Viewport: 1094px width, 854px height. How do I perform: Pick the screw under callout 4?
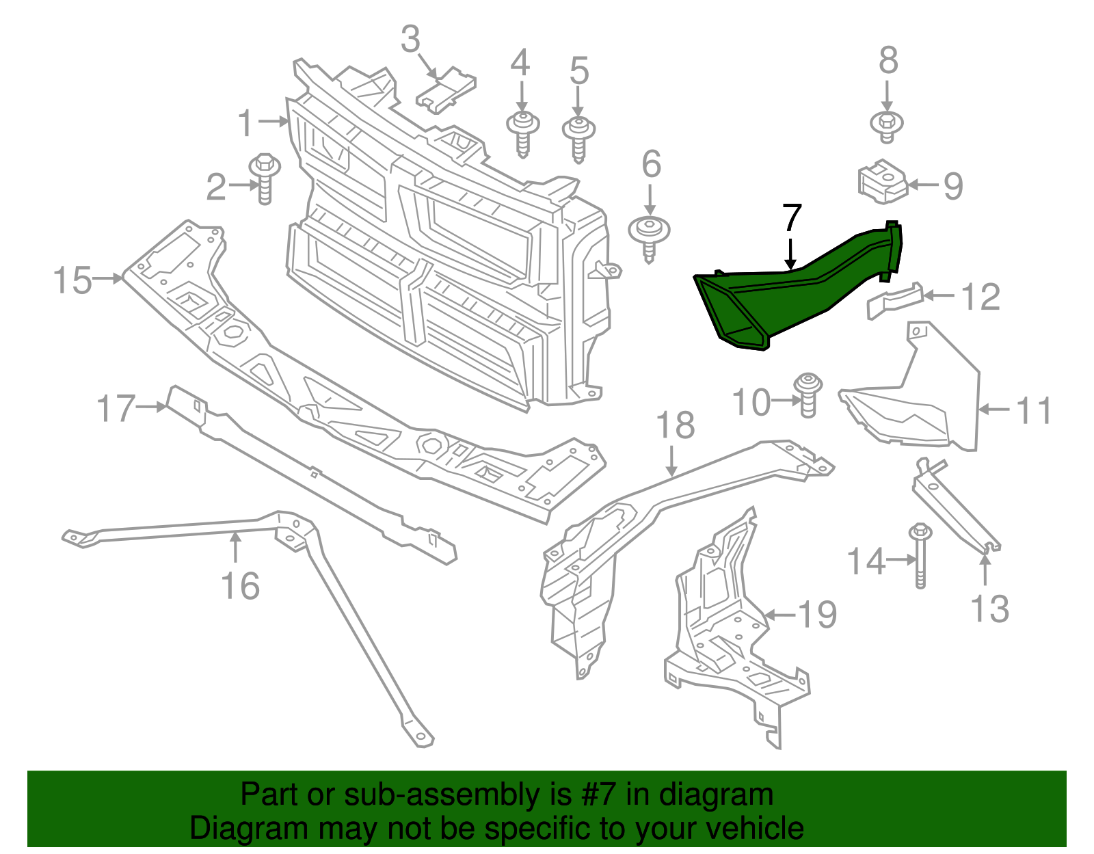pyautogui.click(x=523, y=133)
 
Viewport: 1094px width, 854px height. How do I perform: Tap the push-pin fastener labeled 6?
pyautogui.click(x=649, y=236)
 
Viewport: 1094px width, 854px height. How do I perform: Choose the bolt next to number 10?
pyautogui.click(x=808, y=395)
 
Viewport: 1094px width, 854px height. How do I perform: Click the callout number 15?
pyautogui.click(x=72, y=280)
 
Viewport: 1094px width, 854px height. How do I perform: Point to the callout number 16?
pyautogui.click(x=240, y=586)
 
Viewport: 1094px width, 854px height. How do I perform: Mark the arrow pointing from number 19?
pyautogui.click(x=779, y=615)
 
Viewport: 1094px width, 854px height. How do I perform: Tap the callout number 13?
pyautogui.click(x=989, y=608)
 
